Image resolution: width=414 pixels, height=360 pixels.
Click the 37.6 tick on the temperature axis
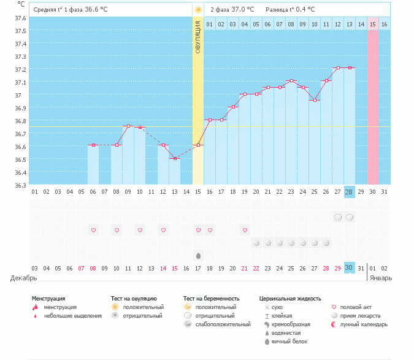tap(20, 18)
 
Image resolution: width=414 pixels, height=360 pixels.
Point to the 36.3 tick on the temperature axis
tap(20, 185)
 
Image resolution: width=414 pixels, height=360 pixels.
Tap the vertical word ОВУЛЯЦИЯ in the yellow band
tap(198, 36)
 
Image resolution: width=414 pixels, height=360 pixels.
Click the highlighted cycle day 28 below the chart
tap(349, 192)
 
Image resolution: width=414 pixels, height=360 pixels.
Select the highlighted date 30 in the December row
tap(349, 268)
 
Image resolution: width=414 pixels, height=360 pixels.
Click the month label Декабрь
tap(24, 278)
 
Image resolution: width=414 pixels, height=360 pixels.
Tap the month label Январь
tap(380, 278)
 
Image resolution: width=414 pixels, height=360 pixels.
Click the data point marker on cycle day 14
tap(175, 158)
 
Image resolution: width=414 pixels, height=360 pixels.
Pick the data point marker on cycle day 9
tap(128, 126)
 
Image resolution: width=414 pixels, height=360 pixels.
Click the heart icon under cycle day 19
tap(245, 230)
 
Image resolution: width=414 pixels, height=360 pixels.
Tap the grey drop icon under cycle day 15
tap(198, 255)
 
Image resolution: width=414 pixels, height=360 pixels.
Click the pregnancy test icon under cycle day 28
tap(349, 217)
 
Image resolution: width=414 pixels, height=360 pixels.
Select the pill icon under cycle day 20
tap(256, 243)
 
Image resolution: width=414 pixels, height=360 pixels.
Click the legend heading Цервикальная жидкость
tap(290, 299)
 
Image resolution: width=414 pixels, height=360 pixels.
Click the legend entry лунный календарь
tap(364, 324)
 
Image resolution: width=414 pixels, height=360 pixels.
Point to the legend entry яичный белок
tap(290, 341)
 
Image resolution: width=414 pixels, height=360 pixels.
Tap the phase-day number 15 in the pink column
tap(373, 24)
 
